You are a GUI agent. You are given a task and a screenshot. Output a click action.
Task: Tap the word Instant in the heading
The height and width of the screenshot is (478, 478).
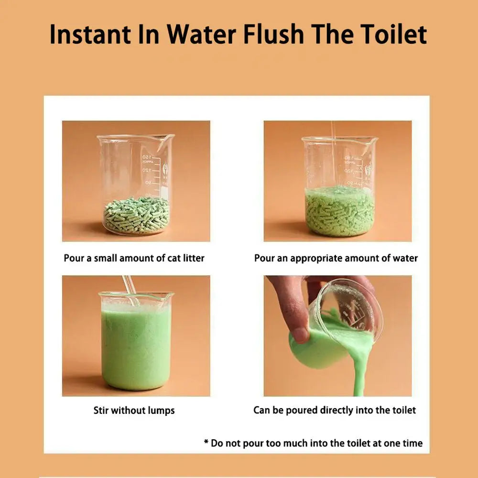coord(90,34)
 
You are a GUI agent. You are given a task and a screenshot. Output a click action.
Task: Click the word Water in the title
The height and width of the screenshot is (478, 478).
coord(201,34)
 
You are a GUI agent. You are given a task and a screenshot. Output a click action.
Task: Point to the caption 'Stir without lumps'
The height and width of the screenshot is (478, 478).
coord(134,410)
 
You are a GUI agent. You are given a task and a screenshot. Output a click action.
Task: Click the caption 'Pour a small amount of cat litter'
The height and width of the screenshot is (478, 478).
coord(134,258)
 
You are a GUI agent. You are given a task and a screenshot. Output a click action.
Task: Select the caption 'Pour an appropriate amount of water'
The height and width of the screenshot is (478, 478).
coord(336,258)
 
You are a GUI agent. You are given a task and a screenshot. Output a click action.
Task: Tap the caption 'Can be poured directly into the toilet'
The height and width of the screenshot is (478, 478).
coord(335,410)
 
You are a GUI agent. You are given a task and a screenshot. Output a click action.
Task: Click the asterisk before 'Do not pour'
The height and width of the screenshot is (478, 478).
coord(206,442)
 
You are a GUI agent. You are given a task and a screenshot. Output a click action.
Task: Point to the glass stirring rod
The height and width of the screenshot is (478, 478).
coord(130,291)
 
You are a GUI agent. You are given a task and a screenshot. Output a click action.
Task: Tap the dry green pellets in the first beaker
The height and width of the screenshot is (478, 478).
coord(137,215)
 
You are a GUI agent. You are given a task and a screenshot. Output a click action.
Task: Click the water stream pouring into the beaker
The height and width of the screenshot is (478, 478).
coord(334,155)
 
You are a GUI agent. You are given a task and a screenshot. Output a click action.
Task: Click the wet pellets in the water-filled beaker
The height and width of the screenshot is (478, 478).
coord(339,213)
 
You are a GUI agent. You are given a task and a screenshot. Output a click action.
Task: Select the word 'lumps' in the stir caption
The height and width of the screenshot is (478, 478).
coord(161,411)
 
